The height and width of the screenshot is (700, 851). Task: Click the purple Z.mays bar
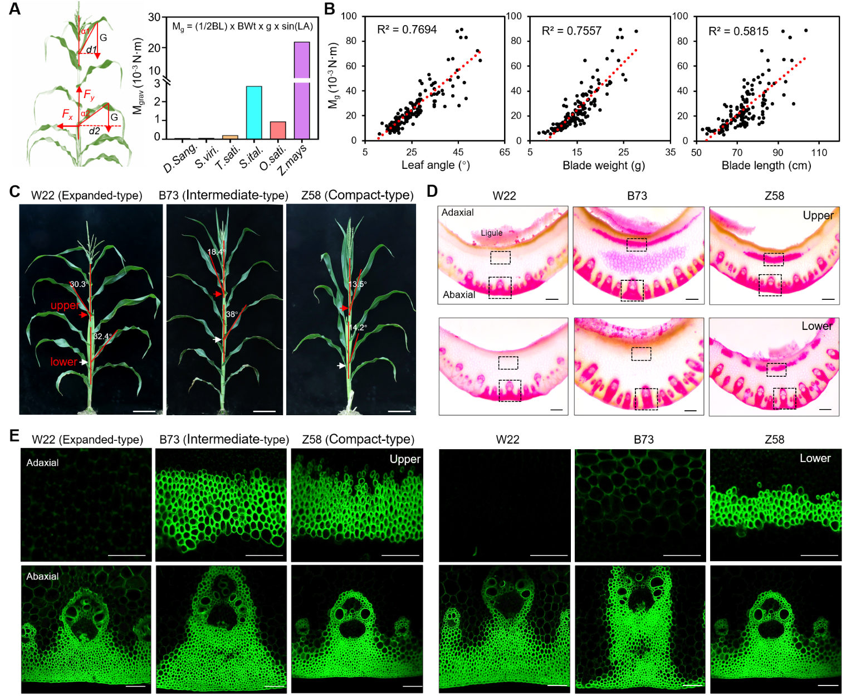click(302, 89)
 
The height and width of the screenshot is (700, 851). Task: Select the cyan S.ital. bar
click(254, 112)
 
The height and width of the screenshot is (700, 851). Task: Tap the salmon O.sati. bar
click(278, 130)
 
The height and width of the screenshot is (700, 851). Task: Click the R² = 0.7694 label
click(407, 30)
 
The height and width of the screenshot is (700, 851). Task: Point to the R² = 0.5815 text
click(738, 31)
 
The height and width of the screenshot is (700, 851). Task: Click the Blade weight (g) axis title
click(604, 166)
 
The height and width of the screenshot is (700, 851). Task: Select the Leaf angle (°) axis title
click(436, 165)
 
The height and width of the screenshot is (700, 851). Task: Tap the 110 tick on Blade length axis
click(819, 152)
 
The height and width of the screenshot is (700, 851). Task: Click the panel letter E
click(15, 435)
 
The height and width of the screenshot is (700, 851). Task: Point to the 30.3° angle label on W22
click(79, 284)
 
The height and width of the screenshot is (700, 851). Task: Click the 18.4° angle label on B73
click(216, 252)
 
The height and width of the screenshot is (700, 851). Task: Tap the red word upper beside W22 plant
click(65, 305)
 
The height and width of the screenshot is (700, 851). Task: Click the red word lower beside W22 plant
click(63, 362)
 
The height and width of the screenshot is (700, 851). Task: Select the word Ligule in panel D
click(491, 233)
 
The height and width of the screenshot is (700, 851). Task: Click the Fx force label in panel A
click(67, 115)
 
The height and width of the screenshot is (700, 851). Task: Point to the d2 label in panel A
click(95, 132)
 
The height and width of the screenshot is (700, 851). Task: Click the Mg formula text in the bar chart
click(242, 26)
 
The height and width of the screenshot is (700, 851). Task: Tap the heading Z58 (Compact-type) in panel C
click(357, 195)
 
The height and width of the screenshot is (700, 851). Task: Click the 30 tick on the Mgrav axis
click(154, 17)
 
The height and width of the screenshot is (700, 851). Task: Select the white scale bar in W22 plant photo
click(144, 412)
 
